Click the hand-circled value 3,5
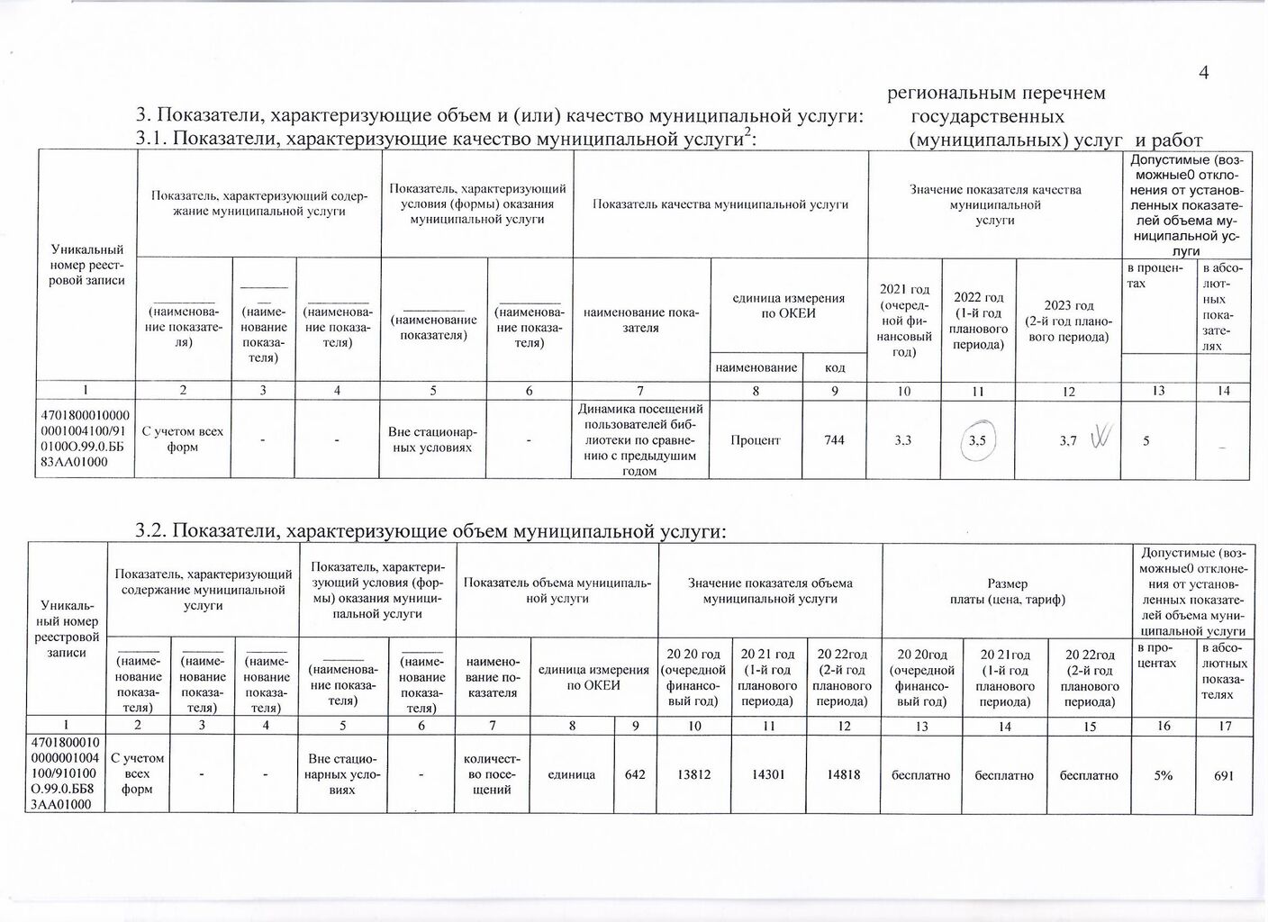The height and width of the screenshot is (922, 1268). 977,441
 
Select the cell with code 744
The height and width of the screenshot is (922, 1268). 834,440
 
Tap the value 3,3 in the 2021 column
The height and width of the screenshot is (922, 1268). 902,440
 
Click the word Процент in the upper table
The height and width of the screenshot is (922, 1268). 756,440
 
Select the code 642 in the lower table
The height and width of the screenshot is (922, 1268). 634,774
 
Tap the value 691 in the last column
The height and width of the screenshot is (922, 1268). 1223,774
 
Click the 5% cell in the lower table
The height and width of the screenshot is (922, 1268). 1164,774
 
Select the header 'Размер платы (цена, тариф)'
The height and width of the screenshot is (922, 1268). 1006,592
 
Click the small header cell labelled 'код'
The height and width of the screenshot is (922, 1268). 835,368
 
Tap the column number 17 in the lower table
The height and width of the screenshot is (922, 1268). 1224,726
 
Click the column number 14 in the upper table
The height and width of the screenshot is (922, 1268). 1222,391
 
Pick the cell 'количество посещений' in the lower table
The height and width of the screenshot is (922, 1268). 493,774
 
